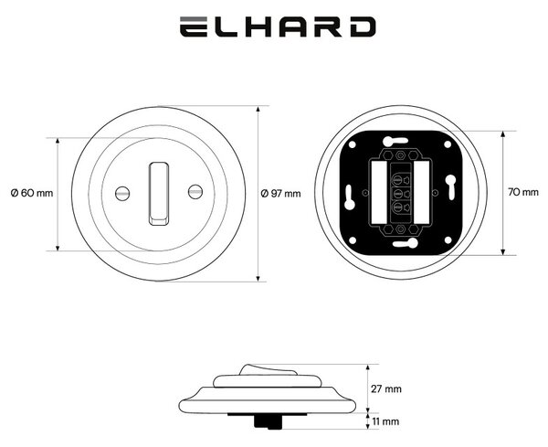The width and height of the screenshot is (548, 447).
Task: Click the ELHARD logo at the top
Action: point(278,27)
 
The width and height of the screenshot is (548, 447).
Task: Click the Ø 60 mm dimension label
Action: point(32,193)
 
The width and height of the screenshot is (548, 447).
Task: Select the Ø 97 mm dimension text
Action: point(281,194)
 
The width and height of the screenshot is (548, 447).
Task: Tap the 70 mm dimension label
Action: point(523,192)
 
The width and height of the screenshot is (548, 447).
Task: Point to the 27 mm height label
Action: point(386,388)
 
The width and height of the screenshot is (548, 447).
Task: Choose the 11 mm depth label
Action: point(385,421)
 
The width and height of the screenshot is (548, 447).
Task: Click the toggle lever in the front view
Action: point(159,194)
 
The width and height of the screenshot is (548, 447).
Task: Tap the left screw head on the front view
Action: point(122,194)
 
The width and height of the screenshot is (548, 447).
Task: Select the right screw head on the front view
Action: point(195,191)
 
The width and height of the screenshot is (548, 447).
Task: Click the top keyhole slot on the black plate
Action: point(395,141)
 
